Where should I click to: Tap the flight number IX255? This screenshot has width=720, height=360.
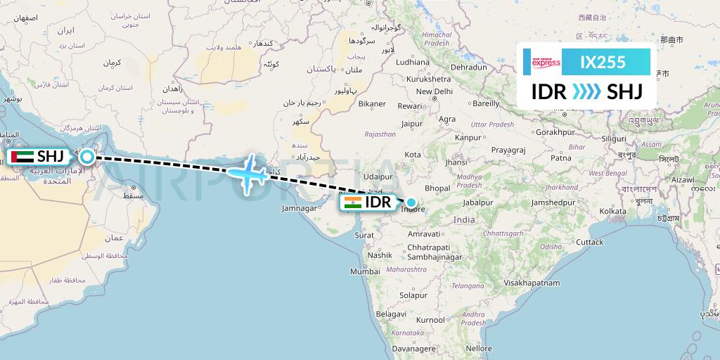click(603, 63)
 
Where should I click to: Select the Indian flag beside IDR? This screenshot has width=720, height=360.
click(353, 203)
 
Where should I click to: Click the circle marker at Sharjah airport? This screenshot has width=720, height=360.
click(86, 156)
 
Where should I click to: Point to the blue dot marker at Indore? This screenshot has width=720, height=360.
click(411, 202)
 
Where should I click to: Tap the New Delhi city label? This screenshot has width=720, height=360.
click(434, 91)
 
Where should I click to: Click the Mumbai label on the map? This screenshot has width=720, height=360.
click(365, 271)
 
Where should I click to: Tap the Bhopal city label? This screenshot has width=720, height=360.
click(437, 188)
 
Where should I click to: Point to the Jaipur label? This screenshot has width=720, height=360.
click(412, 124)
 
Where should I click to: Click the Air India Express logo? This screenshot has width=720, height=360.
click(546, 63)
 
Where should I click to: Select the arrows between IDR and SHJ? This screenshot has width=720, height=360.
click(586, 91)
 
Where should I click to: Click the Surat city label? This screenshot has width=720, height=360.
click(364, 236)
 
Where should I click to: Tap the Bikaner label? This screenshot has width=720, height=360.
click(372, 104)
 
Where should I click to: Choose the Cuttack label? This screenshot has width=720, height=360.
click(589, 242)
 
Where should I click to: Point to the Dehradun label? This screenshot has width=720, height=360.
click(468, 67)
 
